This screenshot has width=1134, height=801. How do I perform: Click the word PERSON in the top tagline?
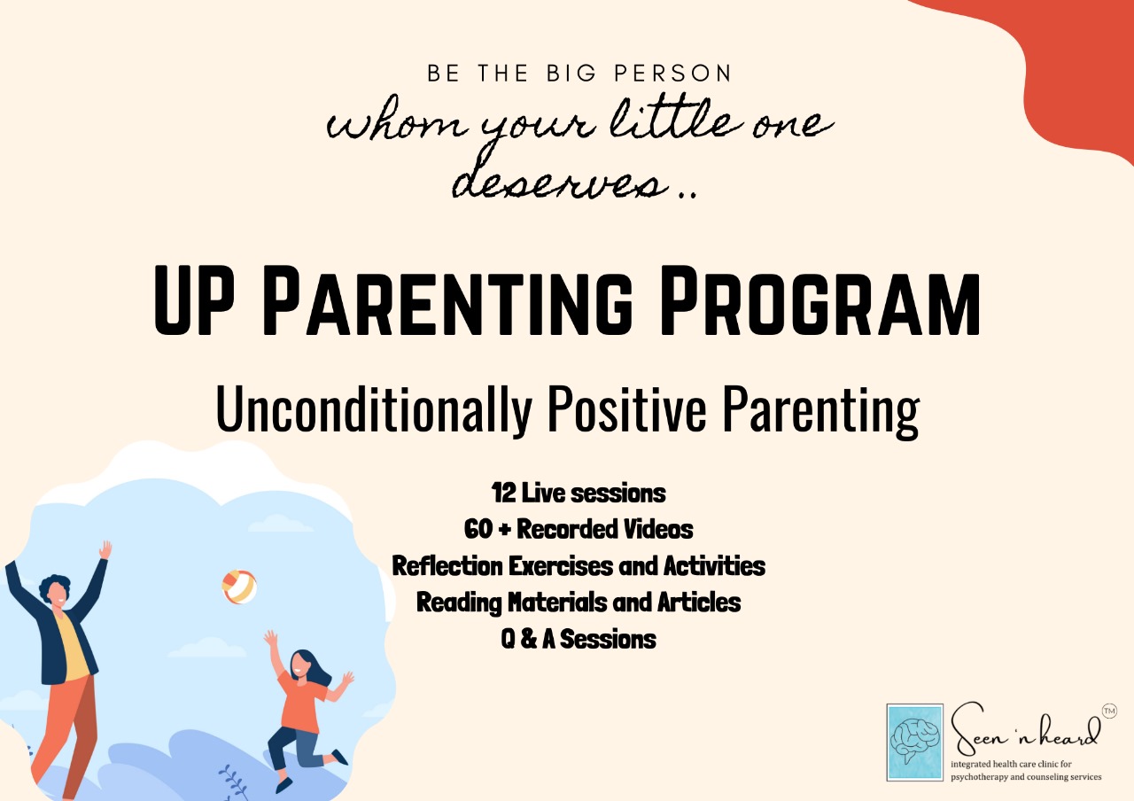coord(672,74)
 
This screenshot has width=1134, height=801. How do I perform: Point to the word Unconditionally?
coord(374,409)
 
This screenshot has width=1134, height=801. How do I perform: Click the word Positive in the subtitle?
coord(626,408)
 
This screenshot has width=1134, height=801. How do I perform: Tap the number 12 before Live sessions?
coord(503,493)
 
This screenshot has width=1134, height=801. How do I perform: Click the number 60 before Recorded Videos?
coord(478,529)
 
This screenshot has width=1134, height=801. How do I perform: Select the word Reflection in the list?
coord(447,565)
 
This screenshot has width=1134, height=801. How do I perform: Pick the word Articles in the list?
coord(699,602)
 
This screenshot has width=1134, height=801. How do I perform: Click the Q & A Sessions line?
coord(579,639)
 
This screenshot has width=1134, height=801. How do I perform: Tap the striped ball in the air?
coord(239,587)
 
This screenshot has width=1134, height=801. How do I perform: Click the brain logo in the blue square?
coord(915,742)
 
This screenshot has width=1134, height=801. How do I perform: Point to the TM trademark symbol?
coord(1109,712)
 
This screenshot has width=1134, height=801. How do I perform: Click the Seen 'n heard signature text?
coord(1024,729)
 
